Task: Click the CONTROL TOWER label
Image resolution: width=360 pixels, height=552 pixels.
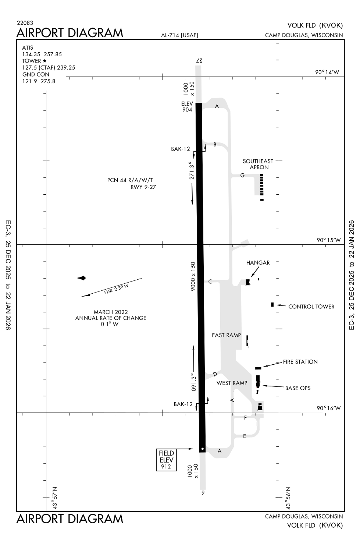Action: click(x=311, y=307)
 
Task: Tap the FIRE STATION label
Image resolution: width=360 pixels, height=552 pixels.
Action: click(x=300, y=362)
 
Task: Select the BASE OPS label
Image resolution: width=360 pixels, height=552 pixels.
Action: click(x=297, y=388)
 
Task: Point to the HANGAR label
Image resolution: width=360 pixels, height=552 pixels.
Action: click(x=258, y=263)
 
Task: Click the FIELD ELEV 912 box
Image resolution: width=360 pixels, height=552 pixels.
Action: click(x=166, y=460)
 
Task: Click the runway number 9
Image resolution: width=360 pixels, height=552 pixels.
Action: click(x=203, y=493)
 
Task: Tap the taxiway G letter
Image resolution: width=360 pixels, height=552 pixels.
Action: click(x=242, y=175)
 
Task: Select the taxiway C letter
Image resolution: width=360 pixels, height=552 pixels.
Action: click(x=210, y=282)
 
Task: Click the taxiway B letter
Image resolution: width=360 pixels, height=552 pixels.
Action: click(x=215, y=145)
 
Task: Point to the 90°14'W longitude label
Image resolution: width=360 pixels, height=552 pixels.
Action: click(x=327, y=72)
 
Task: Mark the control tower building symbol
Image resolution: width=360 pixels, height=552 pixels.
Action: click(x=272, y=304)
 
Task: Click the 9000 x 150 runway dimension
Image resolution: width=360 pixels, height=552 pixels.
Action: click(x=193, y=276)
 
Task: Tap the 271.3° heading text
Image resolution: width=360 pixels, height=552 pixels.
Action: click(x=191, y=170)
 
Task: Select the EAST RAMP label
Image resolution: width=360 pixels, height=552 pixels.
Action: click(x=226, y=335)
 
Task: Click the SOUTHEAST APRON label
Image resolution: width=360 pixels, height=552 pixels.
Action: click(x=258, y=164)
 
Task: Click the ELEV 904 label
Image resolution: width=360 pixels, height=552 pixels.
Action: click(x=187, y=107)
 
